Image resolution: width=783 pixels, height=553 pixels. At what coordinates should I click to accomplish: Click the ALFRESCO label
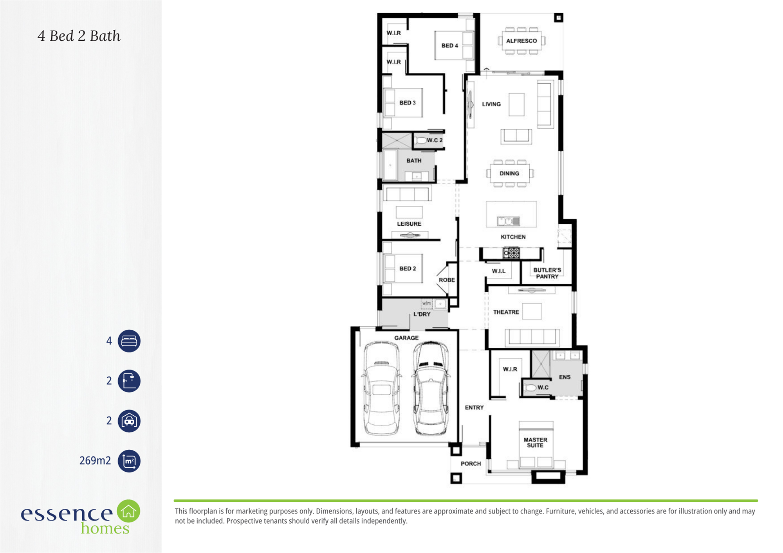pos(521,41)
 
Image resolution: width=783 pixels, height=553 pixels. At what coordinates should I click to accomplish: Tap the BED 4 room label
pos(449,46)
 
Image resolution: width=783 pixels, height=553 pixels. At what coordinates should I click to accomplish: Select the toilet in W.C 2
pos(420,140)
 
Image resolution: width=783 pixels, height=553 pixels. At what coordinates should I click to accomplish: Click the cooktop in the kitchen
pos(511,253)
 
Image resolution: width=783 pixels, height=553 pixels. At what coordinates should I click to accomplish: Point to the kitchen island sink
pos(509,221)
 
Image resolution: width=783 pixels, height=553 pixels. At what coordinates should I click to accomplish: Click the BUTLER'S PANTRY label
pos(547,273)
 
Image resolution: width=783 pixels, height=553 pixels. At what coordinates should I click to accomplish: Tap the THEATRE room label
pos(506,312)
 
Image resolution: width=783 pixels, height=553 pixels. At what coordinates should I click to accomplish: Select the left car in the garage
pos(381,388)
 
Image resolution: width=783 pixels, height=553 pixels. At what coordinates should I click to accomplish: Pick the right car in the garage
pos(431,388)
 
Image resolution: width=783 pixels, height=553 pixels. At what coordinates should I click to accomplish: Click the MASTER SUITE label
pos(535,442)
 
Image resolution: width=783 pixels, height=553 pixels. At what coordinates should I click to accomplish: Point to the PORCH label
pos(471,463)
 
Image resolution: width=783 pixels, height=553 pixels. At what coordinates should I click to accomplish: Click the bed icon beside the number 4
pos(129,341)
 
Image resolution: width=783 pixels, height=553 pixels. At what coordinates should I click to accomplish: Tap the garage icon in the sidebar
pos(129,421)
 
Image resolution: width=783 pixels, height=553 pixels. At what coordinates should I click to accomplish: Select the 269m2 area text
pos(95,461)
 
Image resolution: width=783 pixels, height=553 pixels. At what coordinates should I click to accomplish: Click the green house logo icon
pos(128,511)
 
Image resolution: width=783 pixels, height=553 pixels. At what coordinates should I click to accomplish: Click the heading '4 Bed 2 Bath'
pos(79,36)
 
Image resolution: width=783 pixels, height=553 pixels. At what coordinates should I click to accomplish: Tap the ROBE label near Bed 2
pos(447,280)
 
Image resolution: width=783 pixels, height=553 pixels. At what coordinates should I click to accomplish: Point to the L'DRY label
pos(422,314)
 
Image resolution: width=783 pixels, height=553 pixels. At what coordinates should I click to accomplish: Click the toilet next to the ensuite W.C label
pos(530,388)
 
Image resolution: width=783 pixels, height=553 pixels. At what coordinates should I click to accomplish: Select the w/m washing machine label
pos(426,303)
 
